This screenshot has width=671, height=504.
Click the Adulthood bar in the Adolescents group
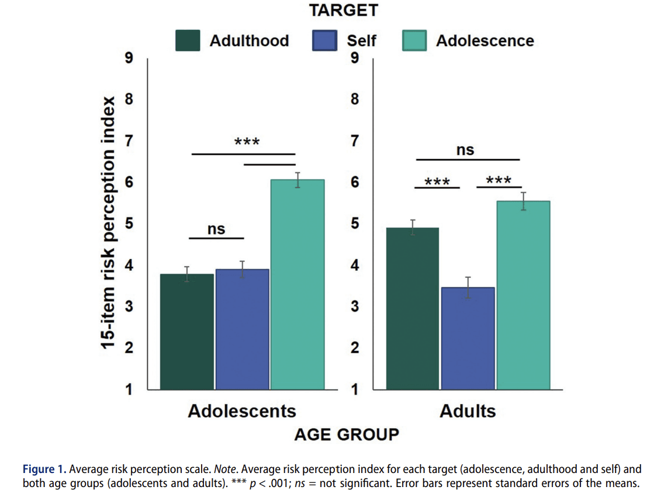pyautogui.click(x=187, y=332)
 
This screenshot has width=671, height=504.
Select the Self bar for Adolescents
pyautogui.click(x=242, y=329)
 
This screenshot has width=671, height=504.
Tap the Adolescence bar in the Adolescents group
pyautogui.click(x=298, y=285)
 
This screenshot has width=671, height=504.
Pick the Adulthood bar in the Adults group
pyautogui.click(x=413, y=309)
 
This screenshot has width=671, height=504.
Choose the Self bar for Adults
pyautogui.click(x=468, y=339)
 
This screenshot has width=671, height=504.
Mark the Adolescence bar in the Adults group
pyautogui.click(x=523, y=295)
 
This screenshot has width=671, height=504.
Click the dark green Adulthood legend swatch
pyautogui.click(x=189, y=41)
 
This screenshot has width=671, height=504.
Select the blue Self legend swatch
pyautogui.click(x=323, y=41)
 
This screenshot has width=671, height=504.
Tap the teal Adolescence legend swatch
pyautogui.click(x=416, y=41)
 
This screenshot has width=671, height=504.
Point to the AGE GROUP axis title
pyautogui.click(x=347, y=434)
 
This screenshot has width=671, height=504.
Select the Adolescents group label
pyautogui.click(x=242, y=410)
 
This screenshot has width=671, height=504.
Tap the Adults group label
pyautogui.click(x=468, y=410)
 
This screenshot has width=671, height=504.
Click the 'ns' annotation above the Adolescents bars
pyautogui.click(x=216, y=230)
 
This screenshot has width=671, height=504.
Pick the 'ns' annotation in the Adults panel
pyautogui.click(x=465, y=150)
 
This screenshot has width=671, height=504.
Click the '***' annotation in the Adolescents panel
pyautogui.click(x=247, y=143)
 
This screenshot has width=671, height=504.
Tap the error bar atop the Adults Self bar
pyautogui.click(x=468, y=287)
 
